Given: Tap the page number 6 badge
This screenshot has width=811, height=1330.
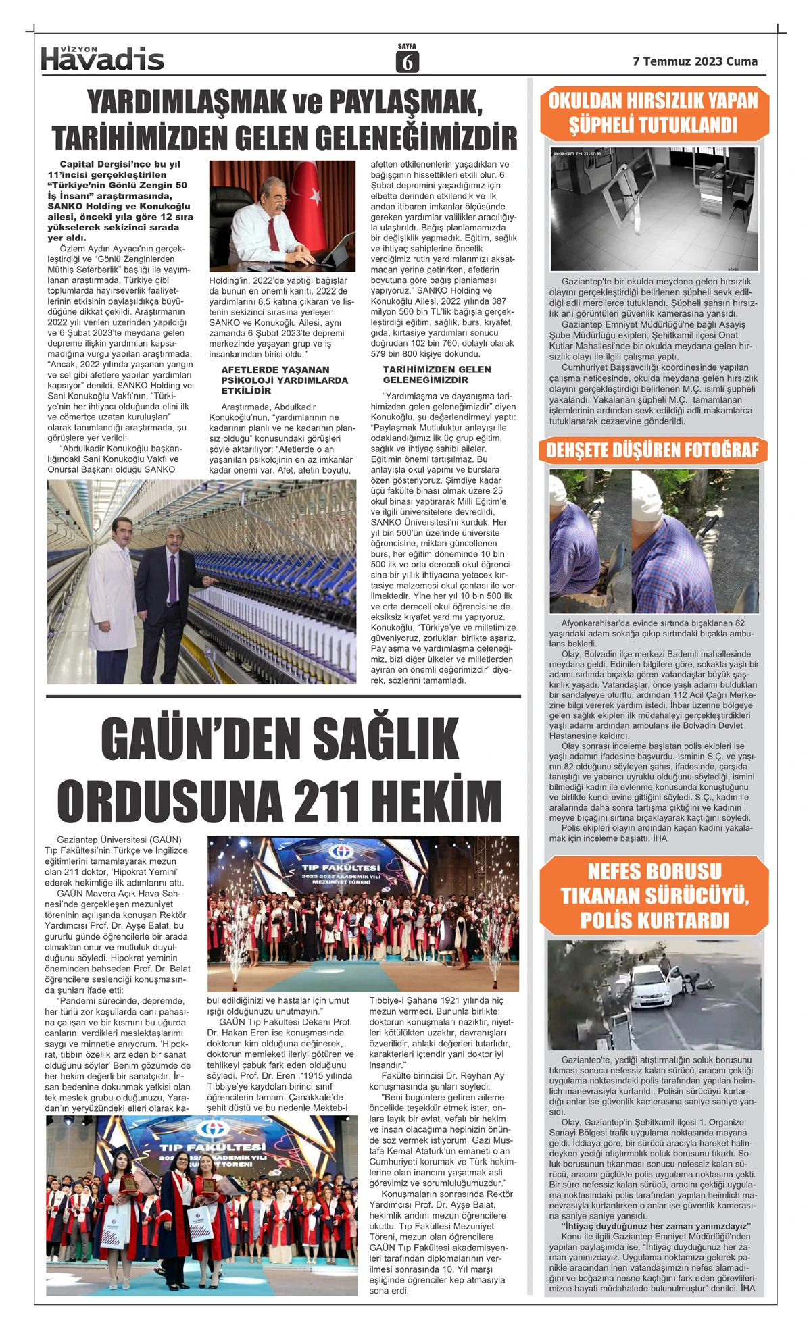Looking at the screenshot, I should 407,62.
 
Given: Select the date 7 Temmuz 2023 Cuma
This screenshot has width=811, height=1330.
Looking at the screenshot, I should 695,61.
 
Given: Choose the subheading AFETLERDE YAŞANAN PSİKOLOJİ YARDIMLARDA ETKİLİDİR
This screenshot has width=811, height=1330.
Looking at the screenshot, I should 275,380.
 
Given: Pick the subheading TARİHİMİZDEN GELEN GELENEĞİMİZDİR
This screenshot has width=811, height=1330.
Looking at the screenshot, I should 437,374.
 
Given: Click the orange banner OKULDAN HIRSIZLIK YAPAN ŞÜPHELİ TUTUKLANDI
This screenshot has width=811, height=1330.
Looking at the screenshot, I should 654,113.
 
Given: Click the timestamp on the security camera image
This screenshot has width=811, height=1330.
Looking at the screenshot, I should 576,153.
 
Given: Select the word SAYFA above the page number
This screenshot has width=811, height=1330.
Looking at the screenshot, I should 407,46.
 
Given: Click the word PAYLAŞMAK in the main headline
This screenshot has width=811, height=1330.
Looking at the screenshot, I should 405,103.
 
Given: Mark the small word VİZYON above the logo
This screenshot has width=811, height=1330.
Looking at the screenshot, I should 79,49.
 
